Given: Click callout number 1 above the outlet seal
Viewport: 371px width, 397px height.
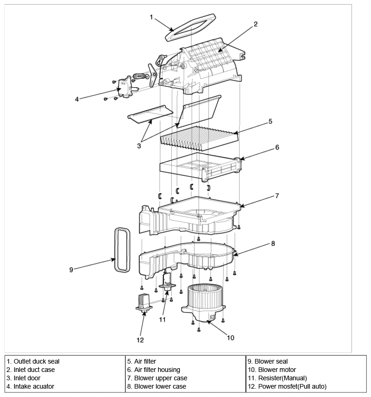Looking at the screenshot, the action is [151, 17].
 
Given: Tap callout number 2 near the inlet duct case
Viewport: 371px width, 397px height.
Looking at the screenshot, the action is [255, 24].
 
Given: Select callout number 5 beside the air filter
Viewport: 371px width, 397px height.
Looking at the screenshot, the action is [270, 122].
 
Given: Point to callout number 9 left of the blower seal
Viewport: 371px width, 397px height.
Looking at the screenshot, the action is [71, 270].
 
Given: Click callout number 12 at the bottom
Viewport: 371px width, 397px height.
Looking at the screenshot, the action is [140, 340].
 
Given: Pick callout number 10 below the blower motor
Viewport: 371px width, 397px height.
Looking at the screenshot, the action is [230, 338].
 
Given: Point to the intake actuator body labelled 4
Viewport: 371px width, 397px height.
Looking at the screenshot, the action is [126, 87].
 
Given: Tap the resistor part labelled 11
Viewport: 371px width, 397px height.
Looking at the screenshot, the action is [167, 282].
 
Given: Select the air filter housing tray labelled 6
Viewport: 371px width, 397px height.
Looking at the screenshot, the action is [200, 167].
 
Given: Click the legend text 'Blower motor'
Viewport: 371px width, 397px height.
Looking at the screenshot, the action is [277, 370].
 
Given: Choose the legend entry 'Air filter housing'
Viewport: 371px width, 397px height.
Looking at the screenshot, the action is [157, 370].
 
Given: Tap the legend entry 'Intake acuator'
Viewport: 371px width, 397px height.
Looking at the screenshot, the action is [34, 386].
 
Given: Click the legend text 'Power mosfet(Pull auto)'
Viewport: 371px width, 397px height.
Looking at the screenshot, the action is [292, 386].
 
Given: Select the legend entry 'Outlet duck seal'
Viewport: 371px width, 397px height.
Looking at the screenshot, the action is [37, 361].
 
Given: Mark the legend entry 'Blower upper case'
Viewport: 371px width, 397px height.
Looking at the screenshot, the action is [161, 378].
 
